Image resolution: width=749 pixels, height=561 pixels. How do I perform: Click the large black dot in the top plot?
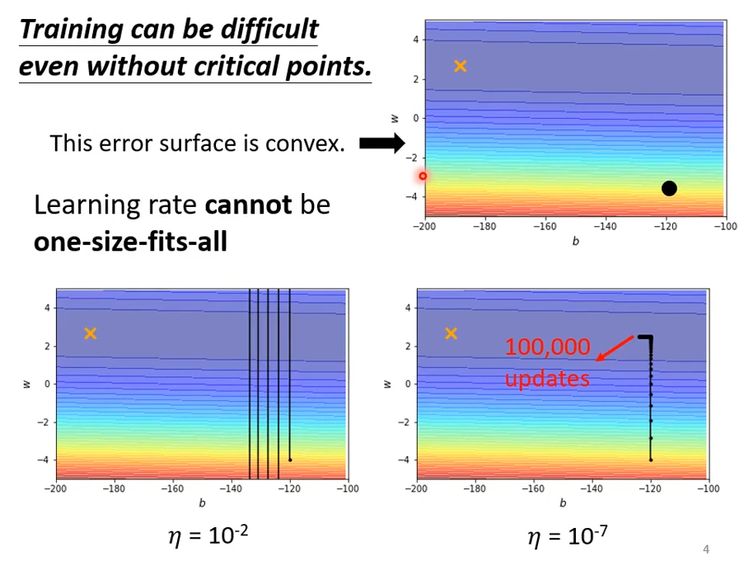669,189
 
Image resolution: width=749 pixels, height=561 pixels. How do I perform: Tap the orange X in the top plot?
461,66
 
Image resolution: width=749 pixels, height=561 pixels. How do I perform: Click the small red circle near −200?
423,176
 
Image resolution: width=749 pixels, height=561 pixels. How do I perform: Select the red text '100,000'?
548,346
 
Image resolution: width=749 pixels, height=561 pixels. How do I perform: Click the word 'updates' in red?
547,379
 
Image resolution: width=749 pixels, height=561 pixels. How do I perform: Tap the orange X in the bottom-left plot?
91,333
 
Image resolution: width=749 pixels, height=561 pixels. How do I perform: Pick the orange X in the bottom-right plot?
451,333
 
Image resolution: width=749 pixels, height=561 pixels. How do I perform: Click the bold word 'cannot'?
248,205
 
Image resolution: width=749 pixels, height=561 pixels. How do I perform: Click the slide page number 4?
706,549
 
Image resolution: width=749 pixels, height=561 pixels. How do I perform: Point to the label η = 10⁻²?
208,537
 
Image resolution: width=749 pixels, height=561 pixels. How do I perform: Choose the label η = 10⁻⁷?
568,537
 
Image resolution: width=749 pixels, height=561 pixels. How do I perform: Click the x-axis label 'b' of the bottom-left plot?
201,502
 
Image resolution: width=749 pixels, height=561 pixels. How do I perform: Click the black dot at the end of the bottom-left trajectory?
290,460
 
